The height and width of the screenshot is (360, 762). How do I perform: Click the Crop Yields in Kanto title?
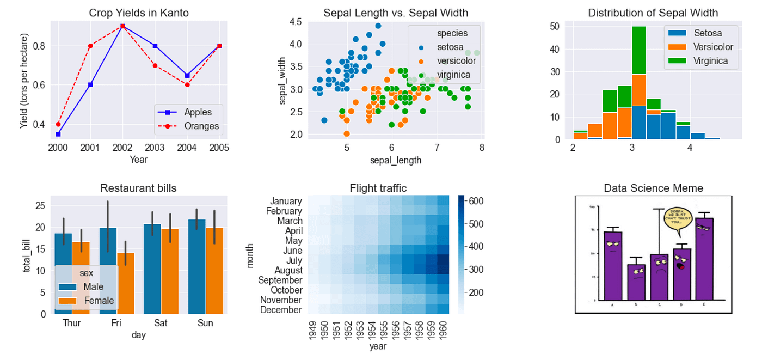[139, 13]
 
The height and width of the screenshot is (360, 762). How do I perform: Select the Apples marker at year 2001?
[90, 84]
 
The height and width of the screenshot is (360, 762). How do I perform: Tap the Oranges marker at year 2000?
[58, 124]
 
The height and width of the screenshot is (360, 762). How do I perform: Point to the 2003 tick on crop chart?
[155, 148]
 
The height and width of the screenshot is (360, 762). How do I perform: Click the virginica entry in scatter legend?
[449, 74]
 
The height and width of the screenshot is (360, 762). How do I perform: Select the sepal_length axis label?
[395, 160]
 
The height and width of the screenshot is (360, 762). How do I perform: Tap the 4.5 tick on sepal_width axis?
[296, 22]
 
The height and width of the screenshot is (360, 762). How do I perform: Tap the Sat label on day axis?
[161, 323]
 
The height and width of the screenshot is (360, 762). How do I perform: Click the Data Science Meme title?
[653, 188]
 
